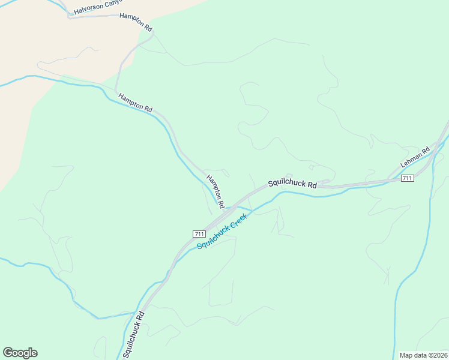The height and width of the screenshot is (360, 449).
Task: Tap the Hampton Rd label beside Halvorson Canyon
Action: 136,23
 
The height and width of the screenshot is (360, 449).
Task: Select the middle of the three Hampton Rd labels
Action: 135,102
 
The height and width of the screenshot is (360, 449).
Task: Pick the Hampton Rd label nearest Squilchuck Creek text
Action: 215,191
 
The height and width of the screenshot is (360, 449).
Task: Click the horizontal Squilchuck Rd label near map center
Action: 292,184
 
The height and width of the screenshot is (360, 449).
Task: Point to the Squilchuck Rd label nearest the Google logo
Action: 134,334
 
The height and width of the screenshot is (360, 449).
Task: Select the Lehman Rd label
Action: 415,158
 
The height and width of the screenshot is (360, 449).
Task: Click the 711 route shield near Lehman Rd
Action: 407,178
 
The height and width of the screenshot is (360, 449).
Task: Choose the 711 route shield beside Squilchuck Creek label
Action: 200,233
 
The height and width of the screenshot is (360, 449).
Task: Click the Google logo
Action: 20,353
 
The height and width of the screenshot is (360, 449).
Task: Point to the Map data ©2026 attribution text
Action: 423,355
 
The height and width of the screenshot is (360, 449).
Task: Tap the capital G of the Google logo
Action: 7,353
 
